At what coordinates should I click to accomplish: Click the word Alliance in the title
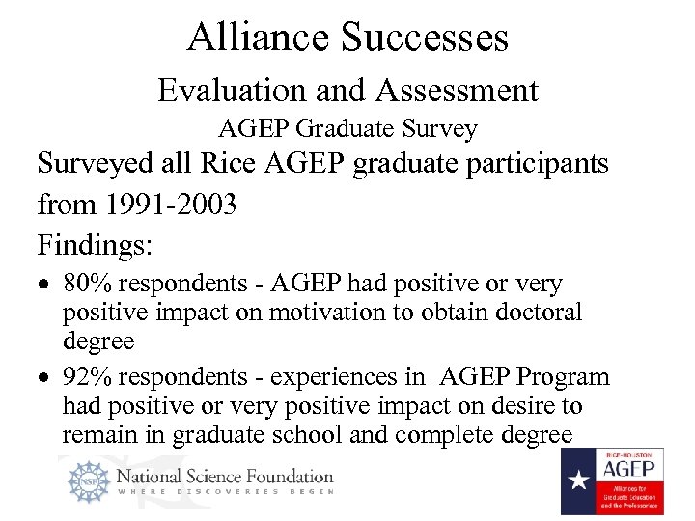pos(258,37)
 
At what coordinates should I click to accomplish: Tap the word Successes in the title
pos(424,37)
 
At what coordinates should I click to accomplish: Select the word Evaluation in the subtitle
pos(231,91)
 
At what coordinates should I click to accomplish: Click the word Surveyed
pos(96,163)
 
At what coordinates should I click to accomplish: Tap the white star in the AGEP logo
pos(577,480)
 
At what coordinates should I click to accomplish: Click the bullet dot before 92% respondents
pos(44,377)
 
